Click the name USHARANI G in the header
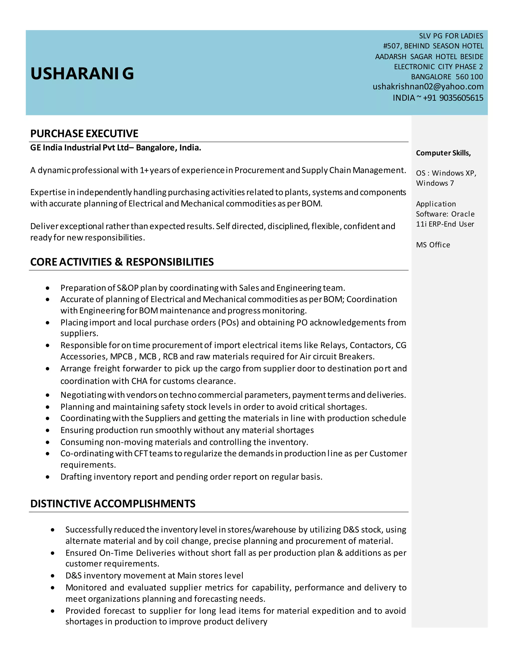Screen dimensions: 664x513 pos(82,74)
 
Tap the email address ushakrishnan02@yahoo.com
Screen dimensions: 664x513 pos(428,87)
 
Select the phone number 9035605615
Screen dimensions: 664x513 pos(461,98)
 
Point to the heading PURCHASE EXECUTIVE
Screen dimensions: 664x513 pos(84,134)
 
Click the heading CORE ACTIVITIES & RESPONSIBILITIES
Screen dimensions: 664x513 pos(122,262)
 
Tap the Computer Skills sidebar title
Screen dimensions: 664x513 pos(443,153)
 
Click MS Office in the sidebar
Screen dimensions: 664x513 pos(433,245)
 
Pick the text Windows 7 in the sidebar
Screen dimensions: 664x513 pos(435,183)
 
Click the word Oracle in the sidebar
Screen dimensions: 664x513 pos(463,214)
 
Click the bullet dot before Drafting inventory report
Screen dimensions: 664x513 pos(48,477)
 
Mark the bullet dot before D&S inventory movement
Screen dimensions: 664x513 pos(53,576)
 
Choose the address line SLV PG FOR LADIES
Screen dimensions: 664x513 pos(451,36)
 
